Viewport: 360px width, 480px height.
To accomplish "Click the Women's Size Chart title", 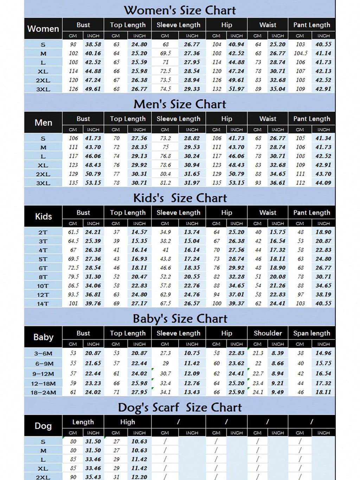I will click(180, 10).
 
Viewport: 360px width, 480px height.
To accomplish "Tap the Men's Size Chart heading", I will click(180, 104).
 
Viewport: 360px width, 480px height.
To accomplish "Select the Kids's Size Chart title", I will click(180, 198).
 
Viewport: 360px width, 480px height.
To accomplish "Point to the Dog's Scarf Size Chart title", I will click(180, 407).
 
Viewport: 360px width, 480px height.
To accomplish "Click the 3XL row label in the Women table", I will click(43, 89).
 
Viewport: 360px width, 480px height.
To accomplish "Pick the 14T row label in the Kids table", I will click(43, 303).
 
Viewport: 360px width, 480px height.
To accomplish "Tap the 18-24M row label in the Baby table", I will click(43, 392).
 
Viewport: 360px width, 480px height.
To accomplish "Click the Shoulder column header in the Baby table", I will click(268, 333).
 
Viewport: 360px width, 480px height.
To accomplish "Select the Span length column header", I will click(311, 333).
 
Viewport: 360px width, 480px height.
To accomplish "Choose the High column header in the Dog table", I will click(127, 422).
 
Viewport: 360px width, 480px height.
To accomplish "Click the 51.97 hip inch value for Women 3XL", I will click(236, 89).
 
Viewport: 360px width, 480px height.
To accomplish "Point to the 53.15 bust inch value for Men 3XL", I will click(93, 183).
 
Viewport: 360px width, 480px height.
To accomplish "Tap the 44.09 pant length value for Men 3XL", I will click(323, 183).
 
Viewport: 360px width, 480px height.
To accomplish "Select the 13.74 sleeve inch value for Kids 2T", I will click(192, 232).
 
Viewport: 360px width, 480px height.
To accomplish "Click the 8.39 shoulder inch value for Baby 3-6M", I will click(277, 353).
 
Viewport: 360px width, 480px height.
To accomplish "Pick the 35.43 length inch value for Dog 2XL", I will click(93, 477).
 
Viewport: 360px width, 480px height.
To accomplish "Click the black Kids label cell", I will click(43, 216).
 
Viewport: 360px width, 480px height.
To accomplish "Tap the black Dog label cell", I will click(43, 426).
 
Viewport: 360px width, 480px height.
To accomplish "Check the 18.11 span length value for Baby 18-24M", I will click(323, 392).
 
